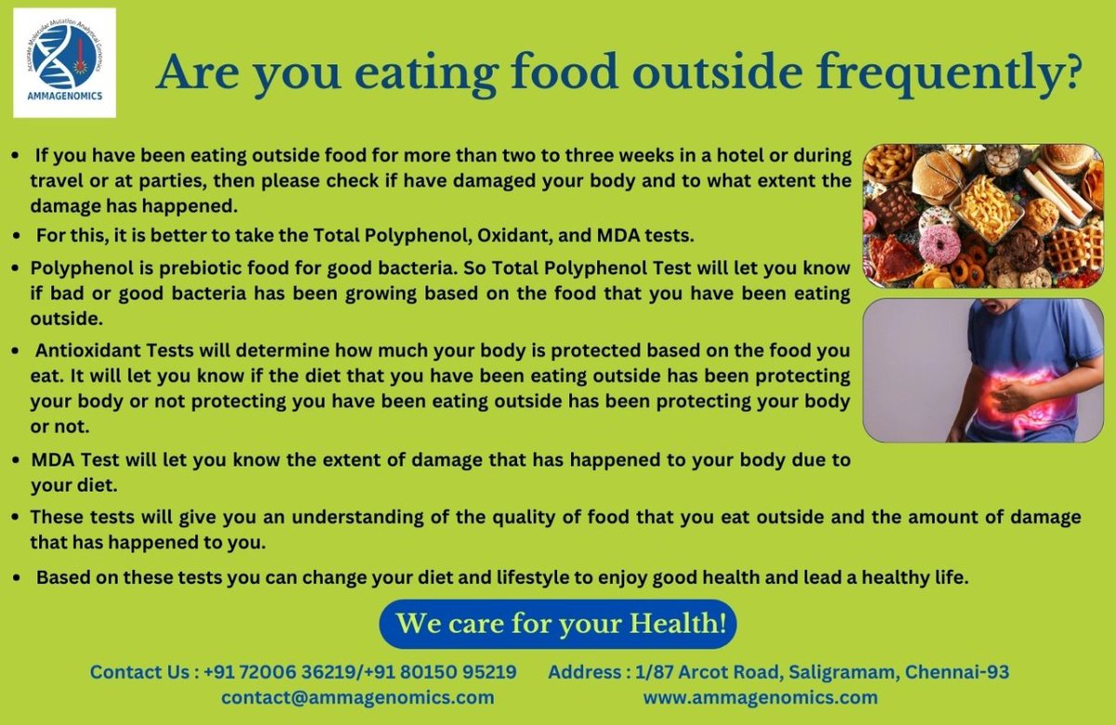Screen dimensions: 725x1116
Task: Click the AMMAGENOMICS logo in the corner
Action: tap(64, 62)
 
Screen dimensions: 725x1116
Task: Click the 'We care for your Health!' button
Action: tap(559, 623)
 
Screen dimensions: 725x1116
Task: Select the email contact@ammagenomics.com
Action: tap(357, 697)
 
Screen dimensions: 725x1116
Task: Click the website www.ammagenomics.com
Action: tap(761, 697)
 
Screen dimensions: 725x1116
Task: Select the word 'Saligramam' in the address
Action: tap(838, 671)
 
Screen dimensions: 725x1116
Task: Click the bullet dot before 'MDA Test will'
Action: tap(16, 460)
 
